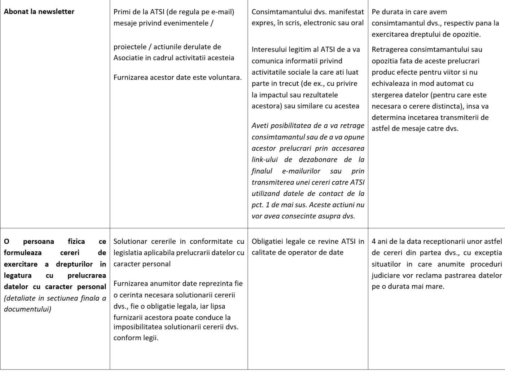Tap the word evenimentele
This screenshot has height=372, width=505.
click(x=189, y=23)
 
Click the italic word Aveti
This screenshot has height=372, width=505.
click(x=260, y=125)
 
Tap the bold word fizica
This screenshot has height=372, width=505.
click(x=76, y=242)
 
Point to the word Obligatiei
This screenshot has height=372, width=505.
click(x=268, y=242)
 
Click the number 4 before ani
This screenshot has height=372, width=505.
click(x=374, y=242)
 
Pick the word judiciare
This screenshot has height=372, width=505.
click(x=387, y=275)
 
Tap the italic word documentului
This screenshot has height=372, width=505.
click(x=27, y=309)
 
